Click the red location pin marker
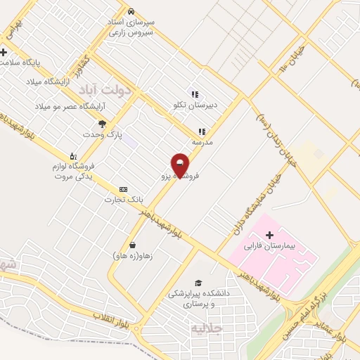180,164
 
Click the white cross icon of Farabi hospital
271,234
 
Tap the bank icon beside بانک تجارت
124,189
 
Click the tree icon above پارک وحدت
103,123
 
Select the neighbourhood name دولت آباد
106,89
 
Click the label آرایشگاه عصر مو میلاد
69,106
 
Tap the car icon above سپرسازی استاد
131,11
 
